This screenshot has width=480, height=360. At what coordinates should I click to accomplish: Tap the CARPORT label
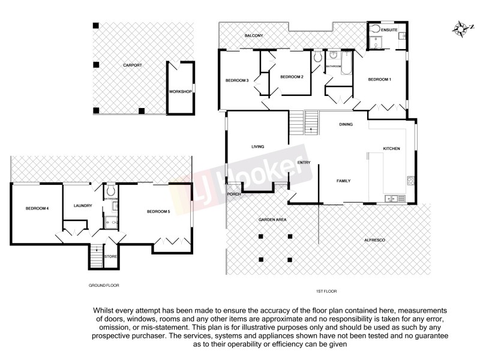(x=132, y=65)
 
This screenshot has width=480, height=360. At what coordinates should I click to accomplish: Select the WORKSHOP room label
(x=180, y=91)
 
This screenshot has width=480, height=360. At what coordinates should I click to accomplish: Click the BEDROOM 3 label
(x=237, y=80)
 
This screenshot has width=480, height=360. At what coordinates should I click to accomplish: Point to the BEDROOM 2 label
(x=292, y=77)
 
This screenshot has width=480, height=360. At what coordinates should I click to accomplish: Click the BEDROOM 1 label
(x=379, y=80)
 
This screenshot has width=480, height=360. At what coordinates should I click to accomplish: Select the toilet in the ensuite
(x=376, y=29)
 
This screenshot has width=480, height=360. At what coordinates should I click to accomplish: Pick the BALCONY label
(x=254, y=36)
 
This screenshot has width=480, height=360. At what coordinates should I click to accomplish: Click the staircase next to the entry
(x=305, y=124)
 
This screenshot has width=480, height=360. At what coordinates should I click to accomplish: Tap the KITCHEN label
(x=391, y=149)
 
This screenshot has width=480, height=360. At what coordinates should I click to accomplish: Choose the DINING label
(x=346, y=125)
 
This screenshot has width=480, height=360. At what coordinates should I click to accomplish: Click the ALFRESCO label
(x=374, y=240)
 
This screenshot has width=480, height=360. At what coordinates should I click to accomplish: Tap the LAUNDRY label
(x=83, y=206)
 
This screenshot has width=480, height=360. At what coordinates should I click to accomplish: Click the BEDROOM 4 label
(x=37, y=209)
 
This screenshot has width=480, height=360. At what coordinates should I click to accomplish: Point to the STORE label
(x=110, y=257)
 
